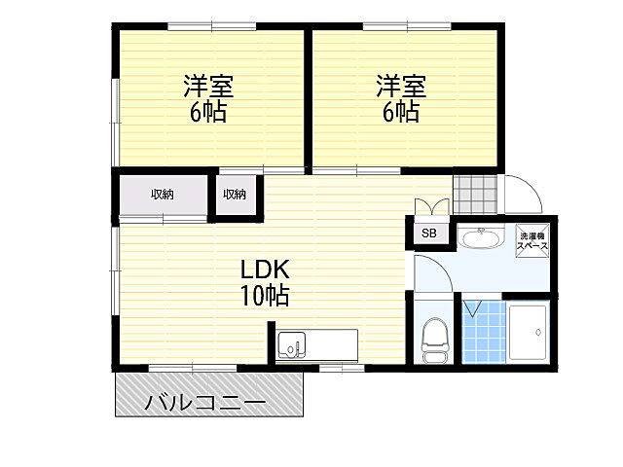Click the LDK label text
(265, 269)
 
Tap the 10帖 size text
(265, 295)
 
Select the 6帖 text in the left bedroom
(208, 112)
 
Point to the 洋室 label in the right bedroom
(401, 86)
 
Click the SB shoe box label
(429, 233)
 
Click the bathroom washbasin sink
(481, 237)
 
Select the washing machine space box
(532, 241)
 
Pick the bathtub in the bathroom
(528, 333)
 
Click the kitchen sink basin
(292, 344)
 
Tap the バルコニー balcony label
(205, 402)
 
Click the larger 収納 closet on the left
(163, 195)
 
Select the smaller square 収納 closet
(236, 195)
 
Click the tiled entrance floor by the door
(475, 195)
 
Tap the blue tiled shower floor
(484, 332)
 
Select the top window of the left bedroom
(212, 26)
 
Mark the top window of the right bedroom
(407, 26)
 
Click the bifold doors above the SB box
(432, 207)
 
